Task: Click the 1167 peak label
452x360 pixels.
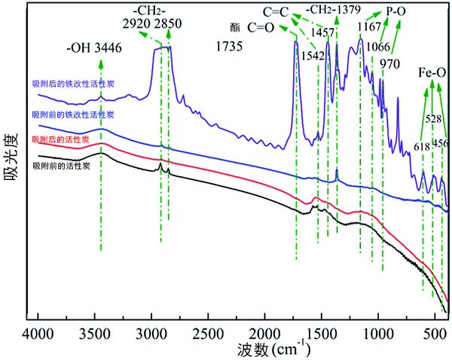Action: [369, 34]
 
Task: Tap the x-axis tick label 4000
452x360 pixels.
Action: [38, 333]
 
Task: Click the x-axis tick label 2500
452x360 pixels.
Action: [207, 333]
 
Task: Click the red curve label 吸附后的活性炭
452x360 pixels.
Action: [61, 140]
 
